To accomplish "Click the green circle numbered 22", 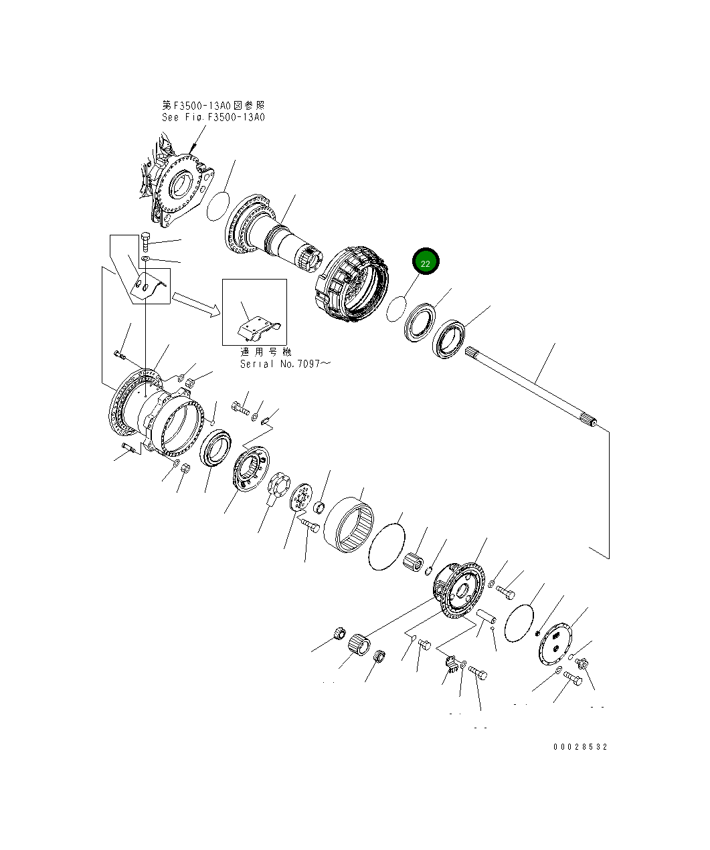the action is (426, 262).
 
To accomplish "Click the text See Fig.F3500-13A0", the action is (213, 117).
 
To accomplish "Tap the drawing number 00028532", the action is (580, 747).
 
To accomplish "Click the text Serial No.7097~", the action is (285, 364).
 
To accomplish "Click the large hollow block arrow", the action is (195, 302).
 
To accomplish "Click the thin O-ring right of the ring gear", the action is (387, 547).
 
